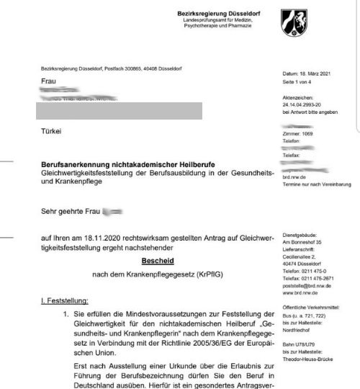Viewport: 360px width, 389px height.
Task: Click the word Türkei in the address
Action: click(53, 131)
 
